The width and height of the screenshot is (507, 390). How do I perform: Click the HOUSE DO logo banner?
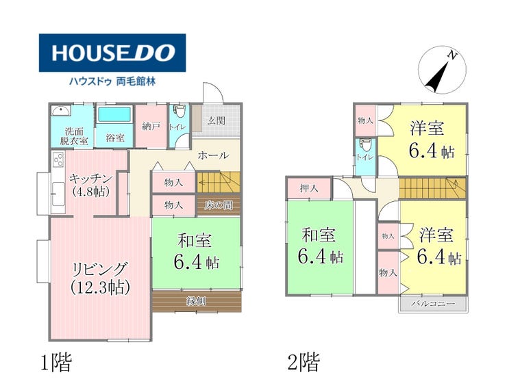[112, 53]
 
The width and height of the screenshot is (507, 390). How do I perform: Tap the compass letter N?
[452, 56]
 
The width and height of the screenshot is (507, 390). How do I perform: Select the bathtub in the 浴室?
[114, 115]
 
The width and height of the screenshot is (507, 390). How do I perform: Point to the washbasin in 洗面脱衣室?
[60, 111]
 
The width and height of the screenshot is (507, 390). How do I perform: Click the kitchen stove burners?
[58, 159]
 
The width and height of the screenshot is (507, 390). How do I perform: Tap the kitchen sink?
[58, 193]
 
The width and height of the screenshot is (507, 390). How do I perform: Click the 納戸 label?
[151, 126]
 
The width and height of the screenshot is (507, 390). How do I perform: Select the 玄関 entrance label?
[216, 120]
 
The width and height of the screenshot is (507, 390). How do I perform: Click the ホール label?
[213, 155]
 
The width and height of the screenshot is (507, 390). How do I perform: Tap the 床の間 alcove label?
[219, 205]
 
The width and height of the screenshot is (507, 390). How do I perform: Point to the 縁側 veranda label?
[196, 301]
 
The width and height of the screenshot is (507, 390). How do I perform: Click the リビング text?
[101, 268]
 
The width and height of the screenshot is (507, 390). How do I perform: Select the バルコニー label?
[433, 304]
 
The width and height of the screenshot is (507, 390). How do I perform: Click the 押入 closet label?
[309, 188]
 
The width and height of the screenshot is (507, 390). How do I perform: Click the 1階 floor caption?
[55, 362]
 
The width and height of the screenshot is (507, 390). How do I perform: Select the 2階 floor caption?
[304, 362]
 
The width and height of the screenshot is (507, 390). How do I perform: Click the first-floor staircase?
[219, 183]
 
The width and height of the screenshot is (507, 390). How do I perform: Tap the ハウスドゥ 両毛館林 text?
[112, 81]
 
